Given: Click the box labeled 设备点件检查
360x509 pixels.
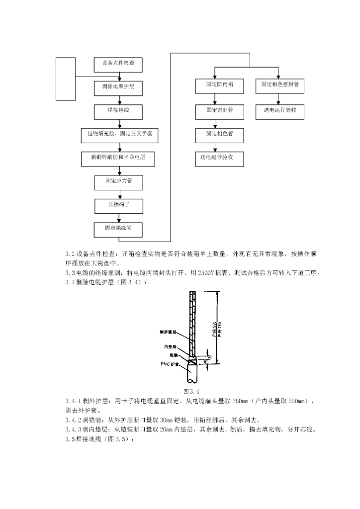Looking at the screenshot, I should click(x=118, y=64).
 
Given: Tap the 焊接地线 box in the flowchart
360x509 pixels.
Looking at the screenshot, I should click(x=118, y=111).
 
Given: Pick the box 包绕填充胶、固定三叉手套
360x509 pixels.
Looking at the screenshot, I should click(x=118, y=134).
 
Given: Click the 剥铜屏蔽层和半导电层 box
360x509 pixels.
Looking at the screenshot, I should click(x=118, y=158).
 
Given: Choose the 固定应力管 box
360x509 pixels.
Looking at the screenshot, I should click(x=118, y=182).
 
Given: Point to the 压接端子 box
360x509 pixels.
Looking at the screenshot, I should click(x=118, y=205).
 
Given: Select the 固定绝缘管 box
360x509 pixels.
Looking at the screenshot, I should click(x=118, y=229).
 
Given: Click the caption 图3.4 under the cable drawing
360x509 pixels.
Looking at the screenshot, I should click(x=191, y=392).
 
